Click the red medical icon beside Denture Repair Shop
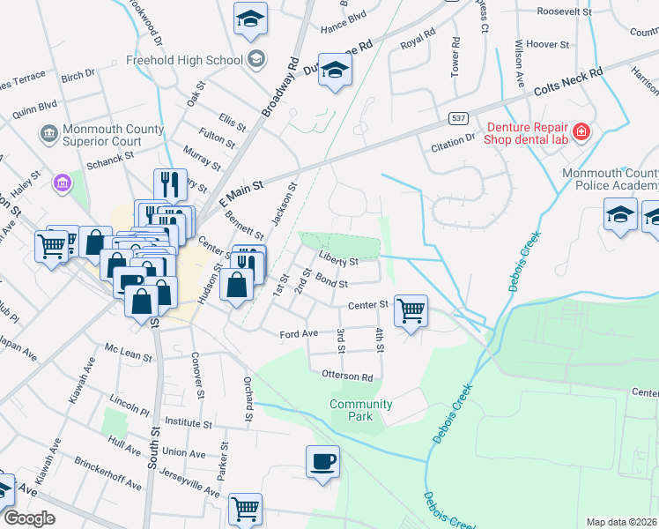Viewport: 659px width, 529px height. [581, 133]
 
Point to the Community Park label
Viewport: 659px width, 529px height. [360, 410]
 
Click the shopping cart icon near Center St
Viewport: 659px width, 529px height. [411, 311]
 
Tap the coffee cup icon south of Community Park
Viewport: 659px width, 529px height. [322, 461]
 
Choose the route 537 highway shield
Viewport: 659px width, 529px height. [456, 116]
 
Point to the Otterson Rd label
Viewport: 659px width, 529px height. [348, 376]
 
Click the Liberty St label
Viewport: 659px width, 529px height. [339, 262]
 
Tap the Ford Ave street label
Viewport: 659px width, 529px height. [298, 334]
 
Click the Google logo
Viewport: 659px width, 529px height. [30, 518]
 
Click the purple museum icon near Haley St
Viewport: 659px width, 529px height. [63, 183]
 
